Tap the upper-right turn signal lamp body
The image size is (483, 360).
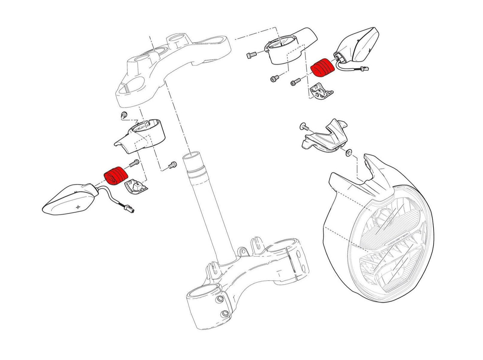click(x=359, y=45)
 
